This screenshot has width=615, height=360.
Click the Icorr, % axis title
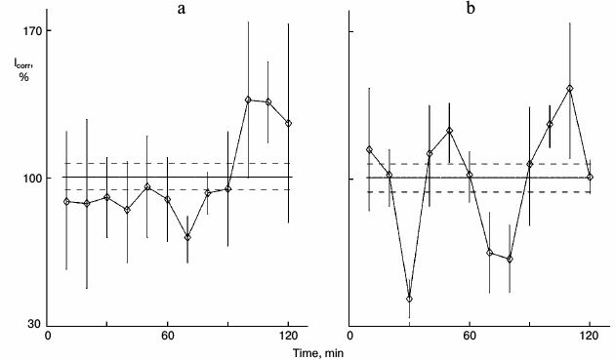23,71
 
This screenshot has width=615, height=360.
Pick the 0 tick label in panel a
49,337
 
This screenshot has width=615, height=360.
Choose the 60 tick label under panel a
168,337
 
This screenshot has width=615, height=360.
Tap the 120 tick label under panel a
289,337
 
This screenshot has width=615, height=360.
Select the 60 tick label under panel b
470,337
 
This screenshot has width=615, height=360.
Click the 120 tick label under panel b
590,337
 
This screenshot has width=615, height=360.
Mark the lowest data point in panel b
409,299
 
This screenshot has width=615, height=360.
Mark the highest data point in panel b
570,89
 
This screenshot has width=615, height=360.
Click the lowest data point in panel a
187,237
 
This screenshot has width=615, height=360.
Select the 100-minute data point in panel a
248,100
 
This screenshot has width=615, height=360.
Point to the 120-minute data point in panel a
289,123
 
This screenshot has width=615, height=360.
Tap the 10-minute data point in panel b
369,149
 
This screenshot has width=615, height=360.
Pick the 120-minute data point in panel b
591,177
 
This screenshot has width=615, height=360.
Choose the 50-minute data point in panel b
449,131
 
